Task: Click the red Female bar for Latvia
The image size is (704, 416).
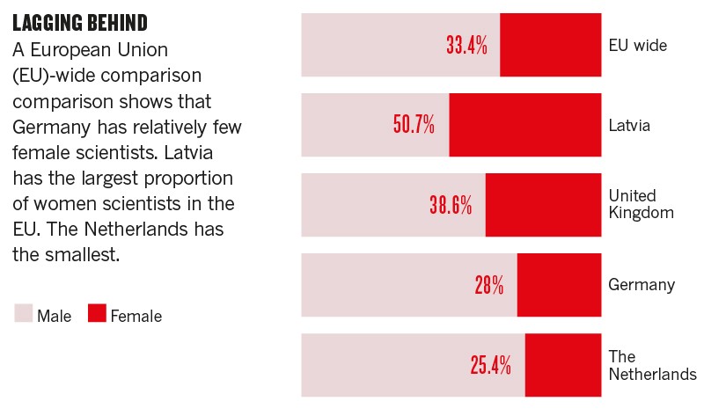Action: click(x=524, y=125)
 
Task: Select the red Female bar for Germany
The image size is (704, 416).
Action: click(x=559, y=285)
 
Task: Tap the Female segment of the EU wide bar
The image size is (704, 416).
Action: click(x=550, y=45)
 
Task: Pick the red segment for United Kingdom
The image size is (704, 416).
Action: click(x=543, y=205)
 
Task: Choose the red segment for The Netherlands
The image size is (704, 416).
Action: click(x=562, y=365)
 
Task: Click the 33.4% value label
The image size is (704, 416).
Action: click(x=466, y=46)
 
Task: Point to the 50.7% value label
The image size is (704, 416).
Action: click(x=414, y=125)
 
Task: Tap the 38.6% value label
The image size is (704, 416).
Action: click(x=451, y=206)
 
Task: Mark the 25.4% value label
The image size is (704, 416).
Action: click(x=490, y=365)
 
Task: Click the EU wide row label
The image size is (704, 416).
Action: click(x=638, y=45)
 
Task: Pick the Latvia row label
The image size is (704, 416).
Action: click(x=629, y=126)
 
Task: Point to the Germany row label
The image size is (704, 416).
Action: click(x=642, y=285)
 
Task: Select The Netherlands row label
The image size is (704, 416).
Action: click(x=651, y=366)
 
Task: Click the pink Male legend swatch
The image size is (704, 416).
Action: click(x=23, y=313)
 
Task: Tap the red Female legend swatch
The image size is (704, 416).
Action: click(x=97, y=313)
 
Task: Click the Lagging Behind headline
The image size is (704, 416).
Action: click(x=80, y=21)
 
